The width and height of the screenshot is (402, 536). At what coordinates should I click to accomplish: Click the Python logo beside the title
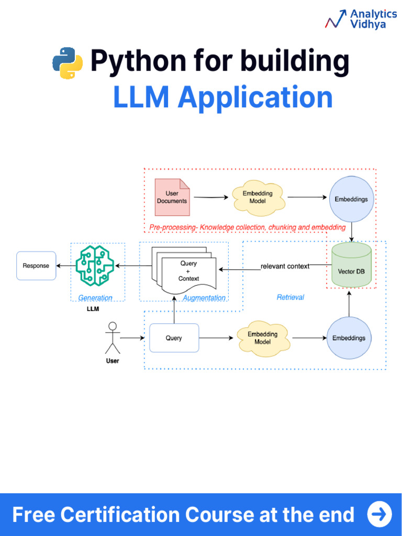pos(68,63)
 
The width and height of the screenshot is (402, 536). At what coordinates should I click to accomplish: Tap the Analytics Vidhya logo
pos(361,19)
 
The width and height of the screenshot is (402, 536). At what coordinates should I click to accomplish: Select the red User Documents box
pos(172,197)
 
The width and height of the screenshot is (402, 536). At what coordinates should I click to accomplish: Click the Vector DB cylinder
pos(351,265)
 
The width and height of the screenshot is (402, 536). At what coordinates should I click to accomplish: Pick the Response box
pos(36,266)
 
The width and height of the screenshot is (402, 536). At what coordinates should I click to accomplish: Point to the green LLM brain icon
pos(95,266)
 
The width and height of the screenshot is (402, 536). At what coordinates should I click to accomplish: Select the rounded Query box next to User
pos(174,338)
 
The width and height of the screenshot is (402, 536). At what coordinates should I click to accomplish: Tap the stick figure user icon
pos(112,338)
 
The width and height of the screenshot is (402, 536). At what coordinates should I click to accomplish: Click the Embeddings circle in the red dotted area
pos(351,199)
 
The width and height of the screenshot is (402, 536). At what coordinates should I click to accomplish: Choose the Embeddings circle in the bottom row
pos(349,338)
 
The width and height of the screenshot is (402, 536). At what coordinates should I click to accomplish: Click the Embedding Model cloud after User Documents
pos(258,197)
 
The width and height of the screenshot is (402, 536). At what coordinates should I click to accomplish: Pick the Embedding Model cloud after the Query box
pos(263,338)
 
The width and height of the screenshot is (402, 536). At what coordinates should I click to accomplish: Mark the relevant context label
pos(285,266)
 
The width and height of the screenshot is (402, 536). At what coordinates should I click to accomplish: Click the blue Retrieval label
pos(290,297)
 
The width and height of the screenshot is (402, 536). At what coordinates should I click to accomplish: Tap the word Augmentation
pos(204,298)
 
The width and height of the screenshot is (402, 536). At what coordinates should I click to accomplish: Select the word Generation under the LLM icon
pos(95,298)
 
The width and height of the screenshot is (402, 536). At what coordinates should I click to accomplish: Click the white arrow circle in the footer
pos(379,514)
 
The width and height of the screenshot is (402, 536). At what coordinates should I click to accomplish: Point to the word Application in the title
pos(255,97)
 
